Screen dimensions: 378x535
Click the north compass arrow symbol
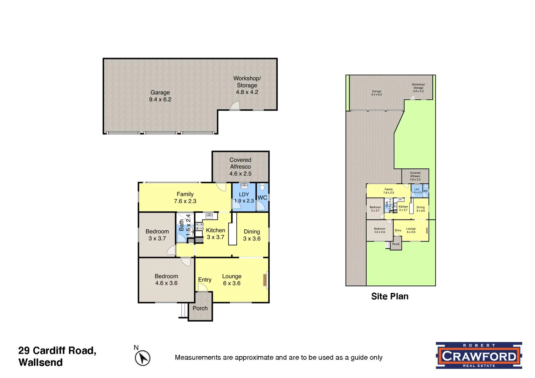click(143, 358)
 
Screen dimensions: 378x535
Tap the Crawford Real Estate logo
click(479, 356)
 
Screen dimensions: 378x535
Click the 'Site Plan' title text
click(389, 296)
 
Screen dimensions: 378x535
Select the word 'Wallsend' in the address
click(41, 363)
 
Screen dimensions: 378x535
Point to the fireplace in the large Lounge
click(265, 280)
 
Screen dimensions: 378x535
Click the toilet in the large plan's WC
click(263, 187)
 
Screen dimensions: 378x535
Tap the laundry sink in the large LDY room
click(244, 186)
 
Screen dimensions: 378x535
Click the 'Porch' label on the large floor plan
click(200, 308)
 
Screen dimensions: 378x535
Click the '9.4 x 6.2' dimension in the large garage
click(160, 99)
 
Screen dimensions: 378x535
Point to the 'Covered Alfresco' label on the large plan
click(240, 163)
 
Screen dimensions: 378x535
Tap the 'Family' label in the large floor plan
click(185, 194)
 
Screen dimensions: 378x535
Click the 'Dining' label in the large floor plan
click(252, 232)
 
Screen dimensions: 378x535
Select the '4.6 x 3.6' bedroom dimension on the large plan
click(166, 283)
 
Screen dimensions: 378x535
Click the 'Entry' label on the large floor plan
click(204, 280)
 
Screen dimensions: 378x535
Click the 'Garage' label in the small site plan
click(376, 91)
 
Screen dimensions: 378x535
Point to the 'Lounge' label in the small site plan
click(411, 229)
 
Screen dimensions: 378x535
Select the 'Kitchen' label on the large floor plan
click(215, 230)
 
